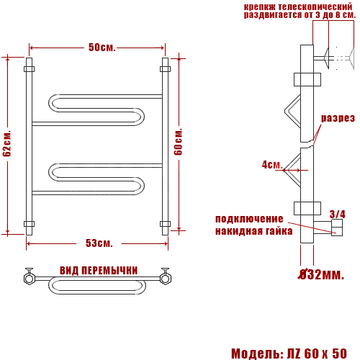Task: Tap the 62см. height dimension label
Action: tap(8, 143)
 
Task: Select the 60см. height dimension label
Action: tap(179, 143)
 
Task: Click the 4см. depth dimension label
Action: tap(271, 165)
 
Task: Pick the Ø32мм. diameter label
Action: tap(321, 274)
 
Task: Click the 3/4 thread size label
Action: tap(336, 214)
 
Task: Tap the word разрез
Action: tap(337, 118)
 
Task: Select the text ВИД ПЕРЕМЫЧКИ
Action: tap(99, 270)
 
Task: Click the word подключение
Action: tap(249, 219)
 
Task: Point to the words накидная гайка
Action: tap(253, 231)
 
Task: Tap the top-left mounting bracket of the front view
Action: tap(29, 70)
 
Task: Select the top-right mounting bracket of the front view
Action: tap(165, 70)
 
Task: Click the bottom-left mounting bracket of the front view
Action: tap(29, 223)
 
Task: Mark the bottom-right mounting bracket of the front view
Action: tap(165, 223)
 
